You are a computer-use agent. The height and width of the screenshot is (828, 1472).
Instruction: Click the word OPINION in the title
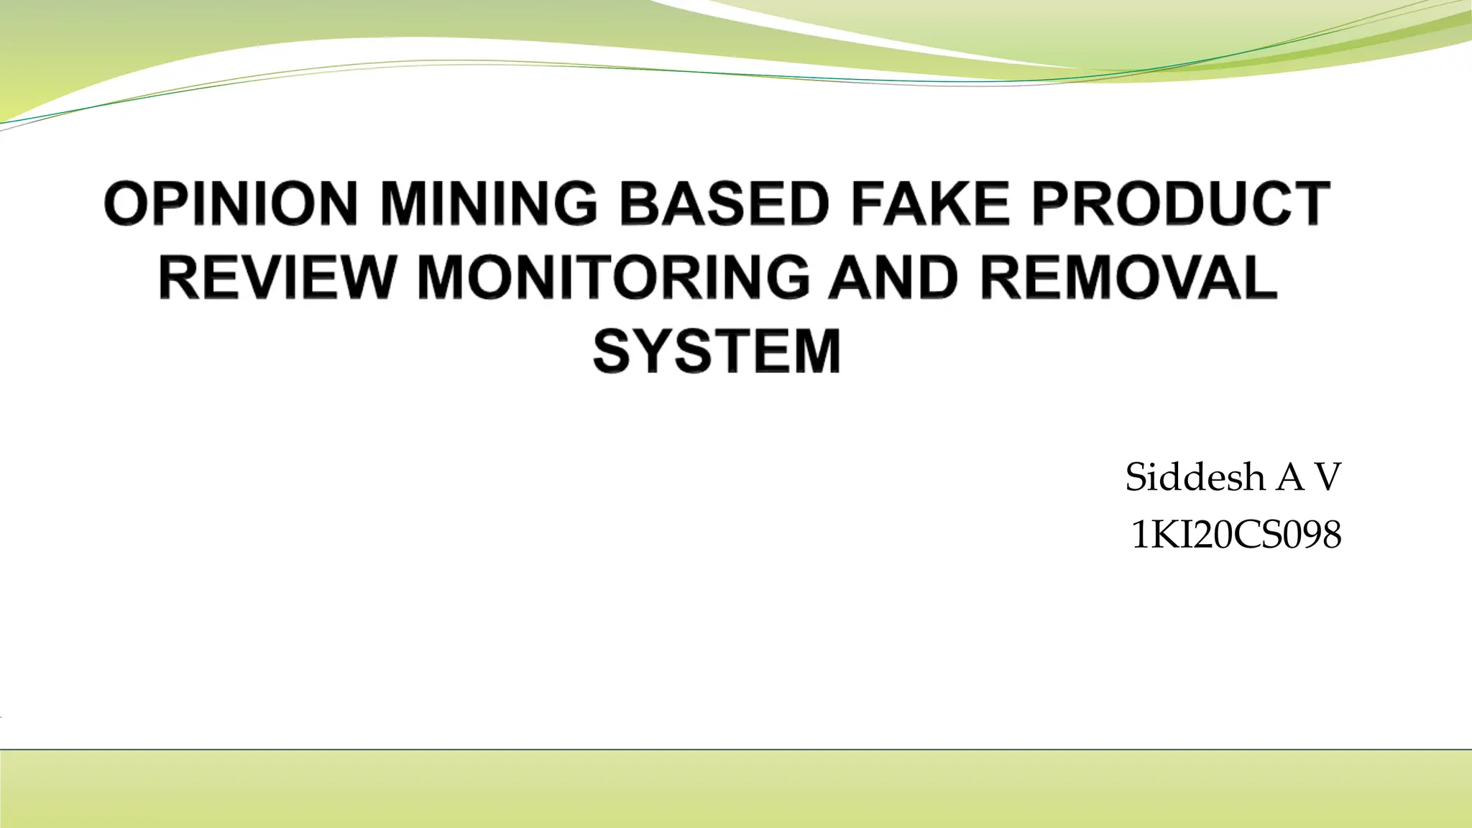[231, 204]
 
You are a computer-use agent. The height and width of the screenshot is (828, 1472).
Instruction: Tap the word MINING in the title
[488, 204]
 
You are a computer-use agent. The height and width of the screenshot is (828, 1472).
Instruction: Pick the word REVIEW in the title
[277, 278]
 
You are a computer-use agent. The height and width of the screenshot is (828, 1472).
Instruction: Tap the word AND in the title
[893, 278]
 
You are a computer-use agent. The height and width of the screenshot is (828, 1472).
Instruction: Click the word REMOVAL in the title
[1128, 278]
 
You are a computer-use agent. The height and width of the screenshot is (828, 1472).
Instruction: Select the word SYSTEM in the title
[717, 351]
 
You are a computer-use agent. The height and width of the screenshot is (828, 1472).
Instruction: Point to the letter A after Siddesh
[1290, 478]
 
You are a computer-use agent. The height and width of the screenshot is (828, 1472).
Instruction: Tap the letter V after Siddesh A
[1328, 478]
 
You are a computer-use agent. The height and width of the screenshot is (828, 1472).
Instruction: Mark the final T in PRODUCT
[1310, 204]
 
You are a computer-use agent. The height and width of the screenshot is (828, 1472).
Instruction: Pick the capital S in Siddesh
[1137, 478]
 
